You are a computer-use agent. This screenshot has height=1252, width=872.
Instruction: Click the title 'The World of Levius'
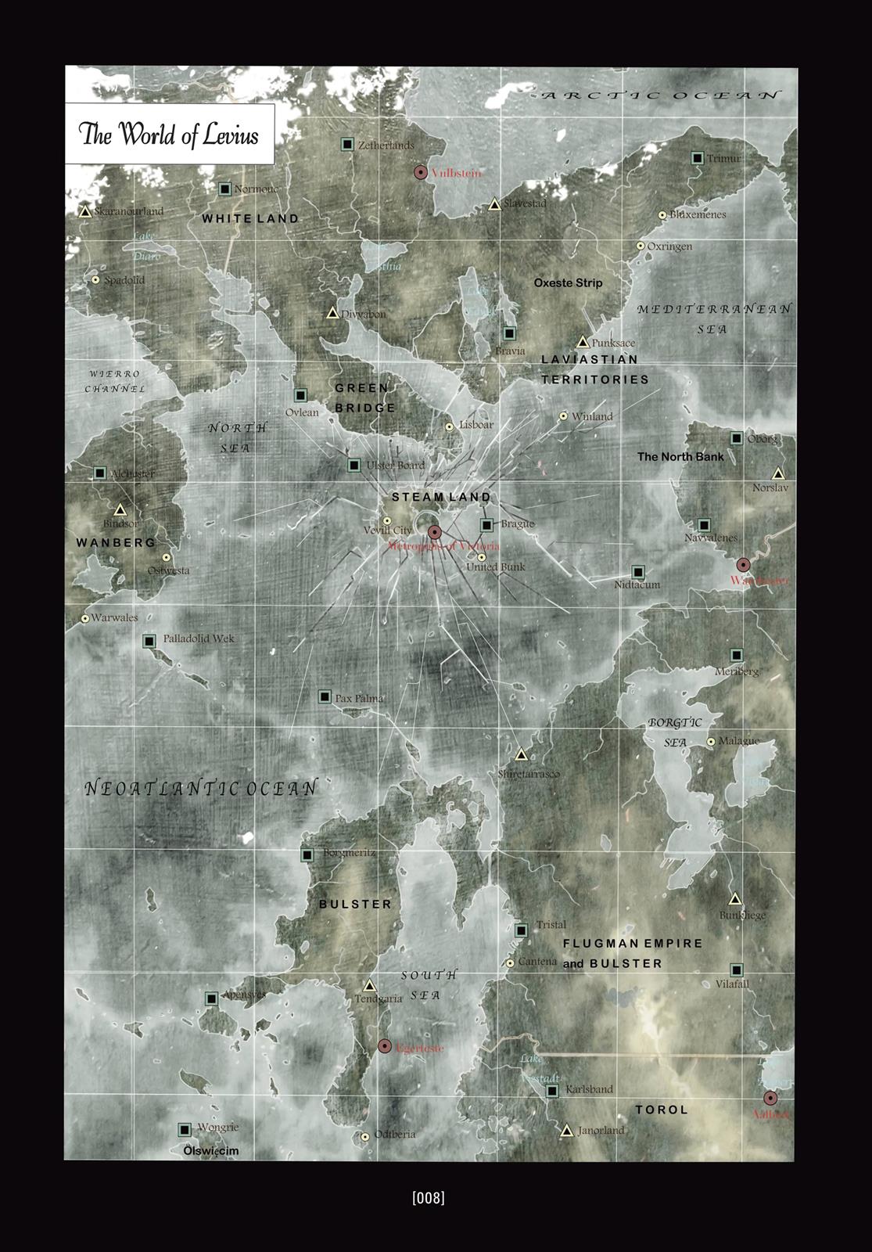point(169,134)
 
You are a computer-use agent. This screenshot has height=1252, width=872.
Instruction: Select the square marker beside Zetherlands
point(347,144)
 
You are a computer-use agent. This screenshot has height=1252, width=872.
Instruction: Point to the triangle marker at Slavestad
point(494,204)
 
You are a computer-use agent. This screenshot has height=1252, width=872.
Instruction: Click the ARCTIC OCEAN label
point(661,95)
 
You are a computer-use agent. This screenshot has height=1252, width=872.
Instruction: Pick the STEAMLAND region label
point(441,497)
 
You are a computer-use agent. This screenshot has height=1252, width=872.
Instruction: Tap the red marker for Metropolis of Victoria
point(435,531)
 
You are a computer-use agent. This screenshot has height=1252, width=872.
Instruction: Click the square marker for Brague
point(487,525)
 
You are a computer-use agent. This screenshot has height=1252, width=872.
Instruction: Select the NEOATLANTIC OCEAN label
point(201,788)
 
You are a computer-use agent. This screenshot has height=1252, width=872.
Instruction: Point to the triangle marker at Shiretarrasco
point(522,755)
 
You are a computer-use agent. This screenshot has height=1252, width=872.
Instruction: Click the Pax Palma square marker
point(325,696)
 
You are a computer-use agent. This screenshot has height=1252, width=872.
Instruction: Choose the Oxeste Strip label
point(568,282)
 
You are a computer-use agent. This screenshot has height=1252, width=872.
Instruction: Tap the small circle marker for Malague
point(711,741)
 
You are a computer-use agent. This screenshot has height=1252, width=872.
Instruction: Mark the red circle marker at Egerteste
point(385,1046)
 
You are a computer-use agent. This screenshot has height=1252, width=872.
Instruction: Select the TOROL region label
point(662,1110)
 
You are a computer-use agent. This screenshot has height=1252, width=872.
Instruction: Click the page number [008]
point(428,1197)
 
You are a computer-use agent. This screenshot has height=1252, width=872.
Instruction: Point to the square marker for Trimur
point(697,158)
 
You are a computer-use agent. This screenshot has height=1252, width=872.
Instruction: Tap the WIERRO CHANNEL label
point(114,381)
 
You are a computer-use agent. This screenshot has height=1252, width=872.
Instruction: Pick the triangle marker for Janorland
point(567,1131)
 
